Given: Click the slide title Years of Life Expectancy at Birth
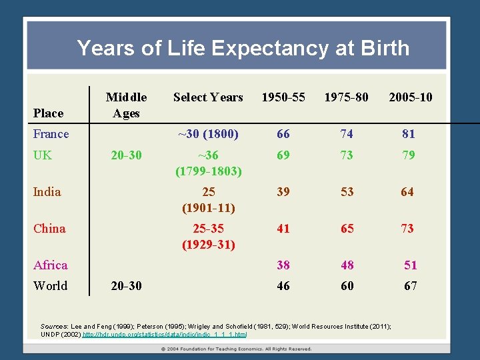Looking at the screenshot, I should click(x=243, y=48).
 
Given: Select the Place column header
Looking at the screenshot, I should click(x=48, y=113).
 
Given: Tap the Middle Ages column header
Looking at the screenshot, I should click(x=126, y=105).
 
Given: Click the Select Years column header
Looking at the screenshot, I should click(x=208, y=97).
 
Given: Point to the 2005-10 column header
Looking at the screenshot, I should click(x=410, y=97).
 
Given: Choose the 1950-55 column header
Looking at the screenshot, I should click(x=283, y=97).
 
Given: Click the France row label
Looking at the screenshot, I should click(x=51, y=134).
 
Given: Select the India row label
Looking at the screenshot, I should click(x=47, y=192).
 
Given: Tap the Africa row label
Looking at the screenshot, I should click(x=50, y=265).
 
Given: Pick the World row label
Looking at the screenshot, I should click(x=50, y=286).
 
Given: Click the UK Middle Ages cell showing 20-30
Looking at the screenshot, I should click(x=126, y=155).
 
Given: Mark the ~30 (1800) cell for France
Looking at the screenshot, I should click(x=208, y=134).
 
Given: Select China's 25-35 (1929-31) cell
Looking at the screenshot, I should click(x=208, y=236).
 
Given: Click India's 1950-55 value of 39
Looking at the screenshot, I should click(x=283, y=192).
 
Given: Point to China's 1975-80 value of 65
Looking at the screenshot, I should click(x=347, y=229).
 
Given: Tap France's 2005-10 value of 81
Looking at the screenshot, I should click(x=408, y=134).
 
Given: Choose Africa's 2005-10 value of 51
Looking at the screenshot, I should click(x=410, y=265).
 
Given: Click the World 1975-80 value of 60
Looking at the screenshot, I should click(x=347, y=286).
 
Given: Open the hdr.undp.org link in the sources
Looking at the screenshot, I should click(x=164, y=334).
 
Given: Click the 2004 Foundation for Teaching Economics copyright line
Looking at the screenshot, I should click(x=236, y=349).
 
